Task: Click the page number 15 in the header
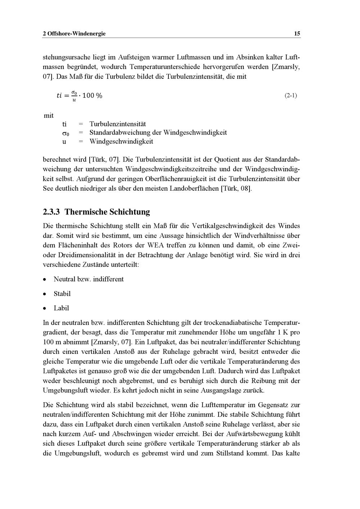pyautogui.click(x=297, y=34)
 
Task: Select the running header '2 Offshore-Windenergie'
pyautogui.click(x=74, y=34)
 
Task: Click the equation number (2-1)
pyautogui.click(x=291, y=96)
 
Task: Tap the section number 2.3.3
pyautogui.click(x=51, y=212)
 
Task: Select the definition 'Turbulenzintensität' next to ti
pyautogui.click(x=118, y=124)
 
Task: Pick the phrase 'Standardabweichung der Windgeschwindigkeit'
pyautogui.click(x=158, y=133)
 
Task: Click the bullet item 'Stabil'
pyautogui.click(x=62, y=294)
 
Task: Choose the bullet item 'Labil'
pyautogui.click(x=61, y=308)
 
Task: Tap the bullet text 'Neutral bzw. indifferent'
pyautogui.click(x=89, y=280)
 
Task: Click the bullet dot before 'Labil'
pyautogui.click(x=44, y=309)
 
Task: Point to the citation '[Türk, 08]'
pyautogui.click(x=236, y=188)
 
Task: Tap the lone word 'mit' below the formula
pyautogui.click(x=49, y=116)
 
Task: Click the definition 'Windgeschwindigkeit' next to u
pyautogui.click(x=121, y=142)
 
